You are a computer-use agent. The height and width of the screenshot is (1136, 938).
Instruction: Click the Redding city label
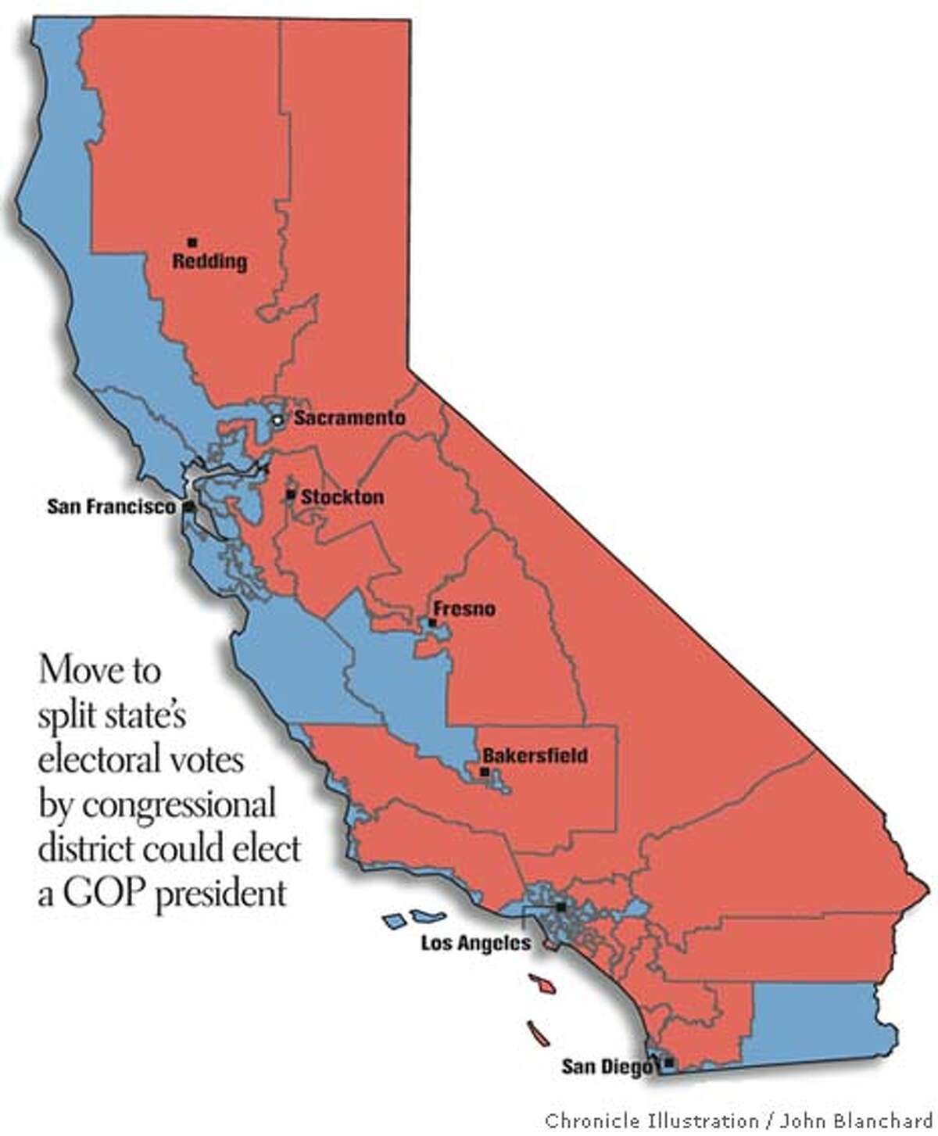209,261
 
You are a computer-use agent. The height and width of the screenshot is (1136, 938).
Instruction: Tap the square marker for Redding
192,242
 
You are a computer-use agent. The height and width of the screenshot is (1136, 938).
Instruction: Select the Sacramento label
349,418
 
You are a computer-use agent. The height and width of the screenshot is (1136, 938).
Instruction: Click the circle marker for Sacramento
277,421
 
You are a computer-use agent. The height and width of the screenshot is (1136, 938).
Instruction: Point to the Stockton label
342,496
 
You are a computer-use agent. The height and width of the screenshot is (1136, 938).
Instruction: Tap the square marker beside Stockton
291,495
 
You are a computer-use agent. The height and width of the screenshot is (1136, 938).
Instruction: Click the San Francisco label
111,507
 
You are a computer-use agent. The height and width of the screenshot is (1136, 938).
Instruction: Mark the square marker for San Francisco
188,507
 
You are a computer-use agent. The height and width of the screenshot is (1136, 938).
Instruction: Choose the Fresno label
464,608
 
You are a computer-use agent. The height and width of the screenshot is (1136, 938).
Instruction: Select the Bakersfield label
535,756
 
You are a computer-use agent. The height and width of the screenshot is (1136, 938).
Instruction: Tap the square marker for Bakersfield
484,772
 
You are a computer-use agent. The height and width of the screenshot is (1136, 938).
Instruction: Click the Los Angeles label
475,943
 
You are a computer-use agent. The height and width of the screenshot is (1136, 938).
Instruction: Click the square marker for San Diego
668,1063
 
